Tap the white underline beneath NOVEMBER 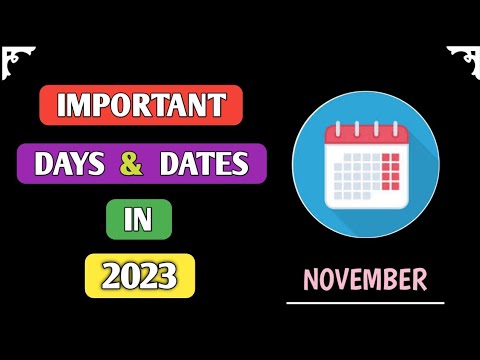pos(365,300)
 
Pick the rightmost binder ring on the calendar pos(396,128)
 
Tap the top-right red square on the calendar pos(396,157)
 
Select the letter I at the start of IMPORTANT pos(60,105)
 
